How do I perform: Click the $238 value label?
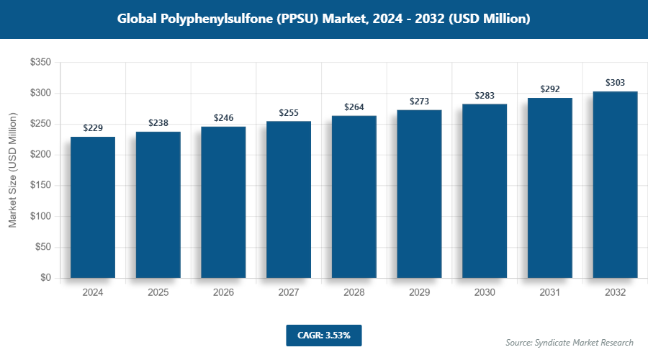point(158,123)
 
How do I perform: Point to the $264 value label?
point(354,107)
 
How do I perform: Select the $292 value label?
point(550,89)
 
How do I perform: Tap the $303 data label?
point(615,83)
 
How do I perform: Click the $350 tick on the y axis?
point(40,63)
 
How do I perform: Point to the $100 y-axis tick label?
point(40,217)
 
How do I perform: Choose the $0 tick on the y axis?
point(45,278)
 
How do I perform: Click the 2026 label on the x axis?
point(223,293)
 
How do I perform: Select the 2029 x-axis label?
point(419,293)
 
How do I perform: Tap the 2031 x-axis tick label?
point(550,293)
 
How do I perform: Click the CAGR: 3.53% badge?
point(323,336)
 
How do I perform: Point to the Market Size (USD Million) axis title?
point(12,171)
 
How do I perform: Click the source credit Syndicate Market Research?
point(570,342)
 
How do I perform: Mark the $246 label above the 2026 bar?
point(223,117)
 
